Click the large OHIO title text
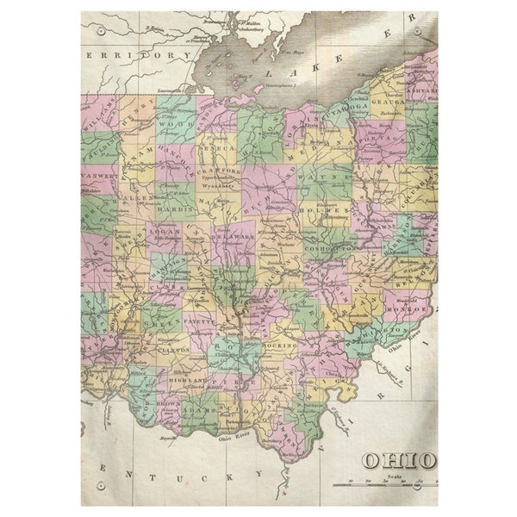[x=398, y=460]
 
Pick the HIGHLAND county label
[x=187, y=380]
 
